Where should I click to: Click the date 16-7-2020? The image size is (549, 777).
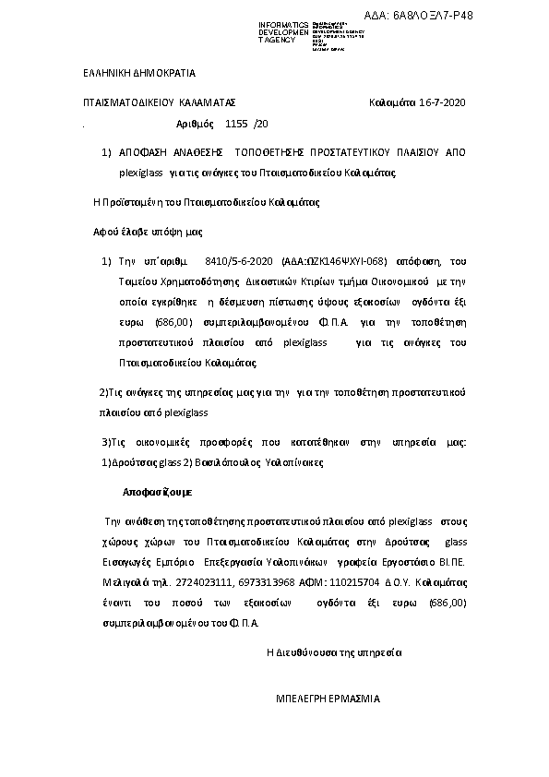point(442,102)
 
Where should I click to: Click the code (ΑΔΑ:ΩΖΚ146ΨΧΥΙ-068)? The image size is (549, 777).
point(334,262)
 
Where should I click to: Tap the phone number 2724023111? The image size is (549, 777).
point(212,583)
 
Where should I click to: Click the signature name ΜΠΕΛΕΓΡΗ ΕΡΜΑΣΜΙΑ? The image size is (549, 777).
point(328,699)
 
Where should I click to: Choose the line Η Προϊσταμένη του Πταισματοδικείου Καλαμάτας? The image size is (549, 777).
point(207,202)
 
